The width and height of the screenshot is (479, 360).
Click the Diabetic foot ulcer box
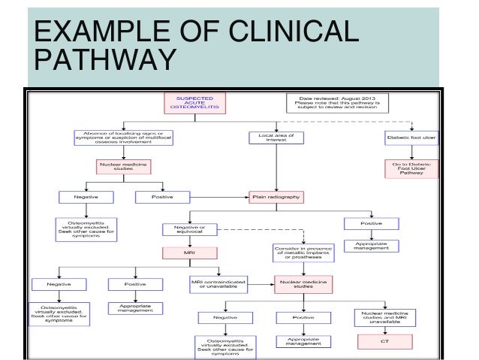(411, 138)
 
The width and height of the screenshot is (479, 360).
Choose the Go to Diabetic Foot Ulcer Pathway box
(411, 169)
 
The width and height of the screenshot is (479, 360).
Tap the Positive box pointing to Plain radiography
(162, 197)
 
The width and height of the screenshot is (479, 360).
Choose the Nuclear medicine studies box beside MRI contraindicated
(303, 284)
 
